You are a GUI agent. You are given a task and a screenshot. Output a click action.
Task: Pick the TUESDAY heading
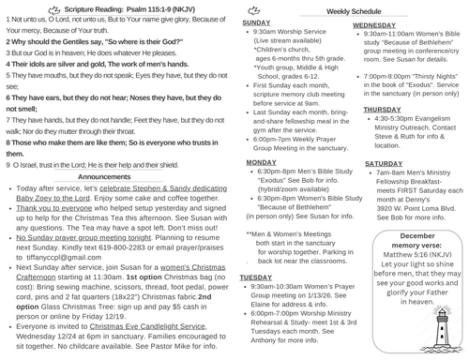click(x=256, y=278)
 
